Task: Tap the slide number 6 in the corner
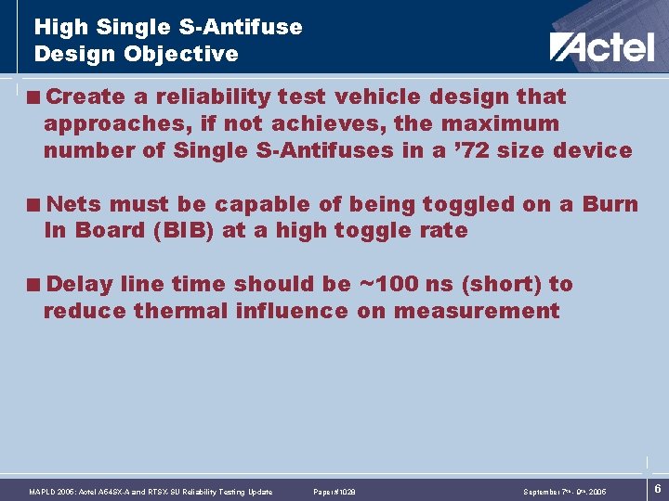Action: click(x=658, y=489)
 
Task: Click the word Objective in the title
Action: click(x=182, y=54)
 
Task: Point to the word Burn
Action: click(x=610, y=204)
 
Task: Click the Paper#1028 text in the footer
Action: click(x=334, y=492)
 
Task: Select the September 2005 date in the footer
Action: click(x=564, y=492)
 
